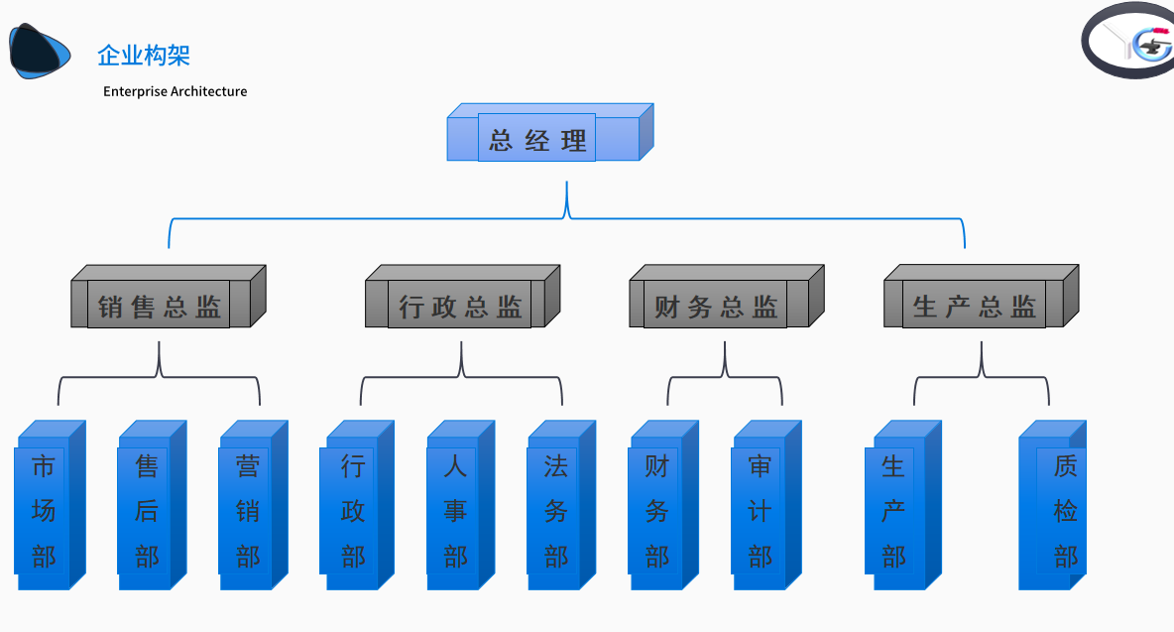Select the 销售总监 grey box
(x=161, y=305)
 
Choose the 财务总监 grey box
(x=718, y=305)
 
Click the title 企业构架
(x=144, y=56)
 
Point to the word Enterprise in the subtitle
(x=135, y=91)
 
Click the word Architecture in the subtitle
(x=208, y=91)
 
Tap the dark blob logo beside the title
(x=40, y=51)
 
